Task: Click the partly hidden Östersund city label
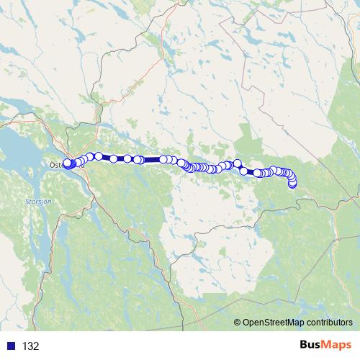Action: (54, 165)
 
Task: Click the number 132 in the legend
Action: (30, 346)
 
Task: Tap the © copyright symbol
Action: (238, 323)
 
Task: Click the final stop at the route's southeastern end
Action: (292, 184)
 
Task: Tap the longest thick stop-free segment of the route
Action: (152, 159)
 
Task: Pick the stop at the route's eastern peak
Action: (238, 163)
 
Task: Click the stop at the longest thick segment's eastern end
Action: (164, 159)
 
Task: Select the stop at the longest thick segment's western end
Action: (139, 160)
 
